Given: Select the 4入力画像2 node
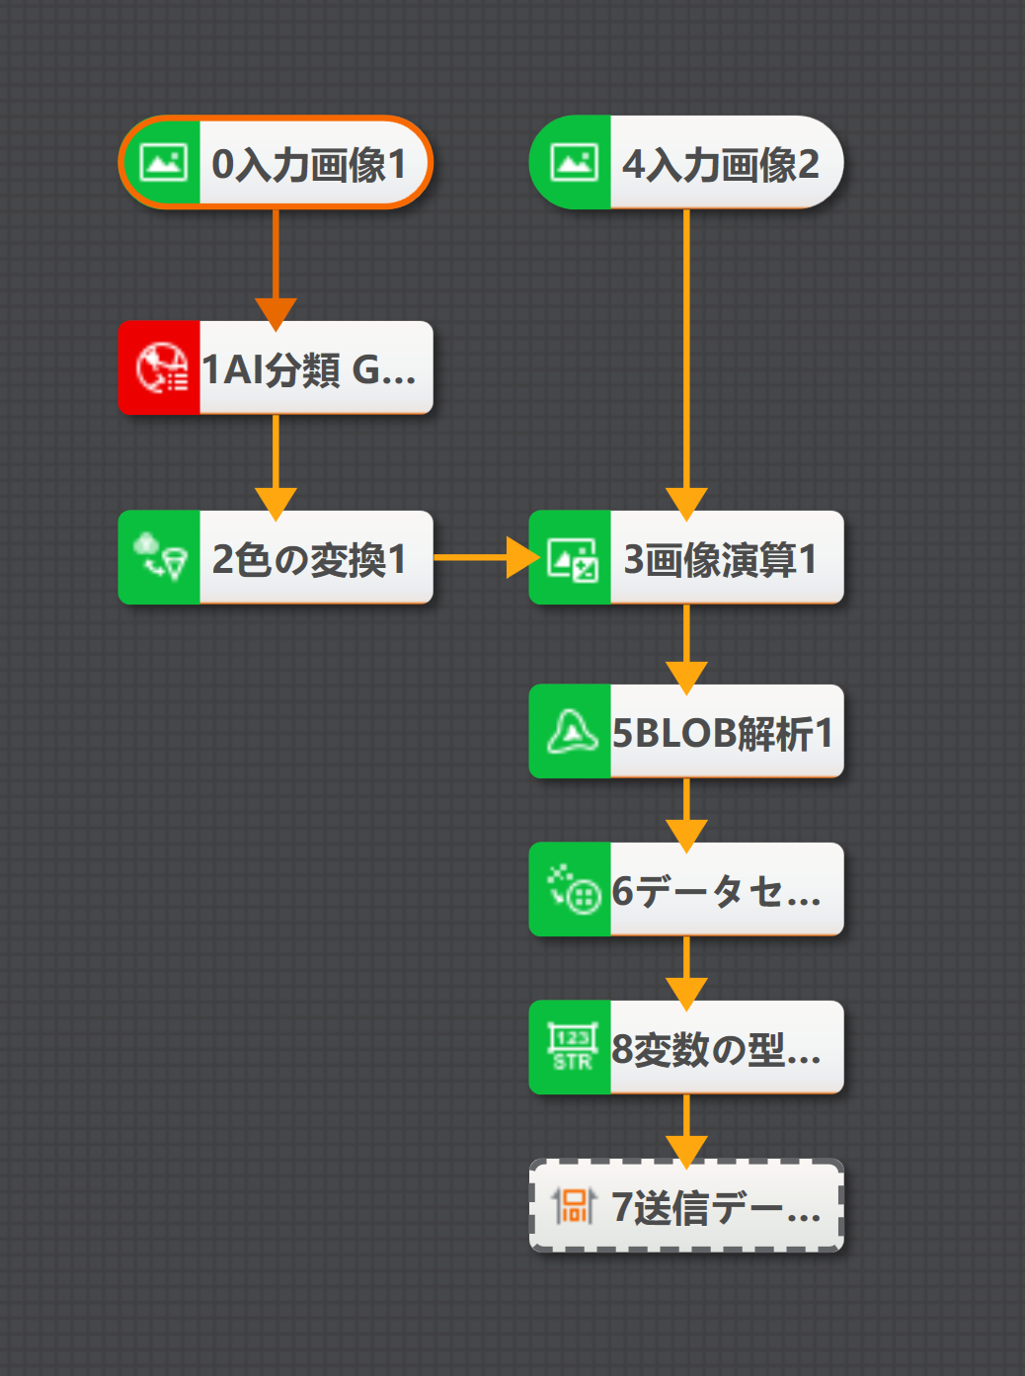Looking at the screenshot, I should (x=721, y=163).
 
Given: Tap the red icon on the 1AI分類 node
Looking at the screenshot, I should (x=160, y=367).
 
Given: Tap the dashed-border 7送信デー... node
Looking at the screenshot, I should (x=715, y=1206).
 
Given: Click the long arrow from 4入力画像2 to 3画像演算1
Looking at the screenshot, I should (x=686, y=356).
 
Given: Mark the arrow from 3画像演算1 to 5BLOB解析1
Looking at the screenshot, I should (x=686, y=642).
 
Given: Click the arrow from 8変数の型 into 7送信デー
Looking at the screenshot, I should (x=686, y=1125).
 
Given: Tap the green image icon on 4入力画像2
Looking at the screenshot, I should (x=573, y=163).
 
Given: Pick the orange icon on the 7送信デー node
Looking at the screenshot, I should (x=573, y=1206).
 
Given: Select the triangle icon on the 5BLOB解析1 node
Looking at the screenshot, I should (x=573, y=732).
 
